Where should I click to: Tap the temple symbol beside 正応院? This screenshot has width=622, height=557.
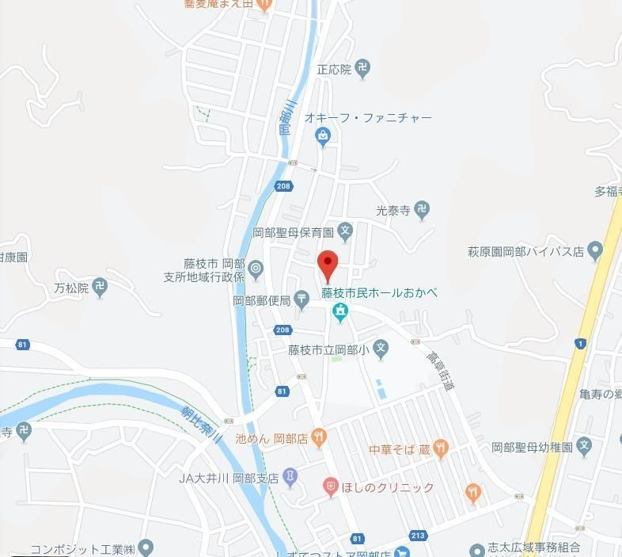pyautogui.click(x=362, y=69)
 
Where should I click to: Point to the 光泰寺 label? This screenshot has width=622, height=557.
pyautogui.click(x=394, y=211)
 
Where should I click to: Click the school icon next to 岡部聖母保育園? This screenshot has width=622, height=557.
pyautogui.click(x=344, y=232)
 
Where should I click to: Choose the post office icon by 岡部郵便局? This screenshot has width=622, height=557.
pyautogui.click(x=302, y=299)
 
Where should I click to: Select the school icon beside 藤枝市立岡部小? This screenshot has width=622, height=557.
pyautogui.click(x=381, y=349)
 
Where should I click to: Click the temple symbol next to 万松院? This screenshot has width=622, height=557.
pyautogui.click(x=99, y=288)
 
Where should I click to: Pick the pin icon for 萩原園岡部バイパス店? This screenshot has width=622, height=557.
pyautogui.click(x=595, y=251)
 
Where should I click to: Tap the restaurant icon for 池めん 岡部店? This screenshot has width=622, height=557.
pyautogui.click(x=318, y=436)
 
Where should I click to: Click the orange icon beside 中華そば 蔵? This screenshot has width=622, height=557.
pyautogui.click(x=441, y=449)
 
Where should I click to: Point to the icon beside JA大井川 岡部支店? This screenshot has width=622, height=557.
pyautogui.click(x=290, y=477)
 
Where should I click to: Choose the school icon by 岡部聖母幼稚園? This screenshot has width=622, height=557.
pyautogui.click(x=584, y=446)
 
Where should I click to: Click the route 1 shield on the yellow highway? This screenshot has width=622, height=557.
pyautogui.click(x=582, y=342)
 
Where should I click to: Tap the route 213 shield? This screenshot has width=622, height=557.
pyautogui.click(x=418, y=536)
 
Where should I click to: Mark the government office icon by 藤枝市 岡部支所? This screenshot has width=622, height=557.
pyautogui.click(x=255, y=270)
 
